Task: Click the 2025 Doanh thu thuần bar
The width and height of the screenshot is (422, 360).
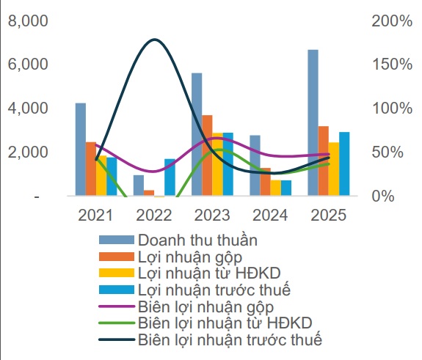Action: [x=313, y=122]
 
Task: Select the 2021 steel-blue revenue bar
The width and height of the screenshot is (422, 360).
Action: [x=80, y=150]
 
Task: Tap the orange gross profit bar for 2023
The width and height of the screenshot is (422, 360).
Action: [x=208, y=155]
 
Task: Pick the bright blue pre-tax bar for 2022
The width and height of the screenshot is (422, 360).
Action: [x=170, y=177]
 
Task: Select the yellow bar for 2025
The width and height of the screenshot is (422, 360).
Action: [x=334, y=169]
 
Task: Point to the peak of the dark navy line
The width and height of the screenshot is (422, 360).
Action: [x=153, y=40]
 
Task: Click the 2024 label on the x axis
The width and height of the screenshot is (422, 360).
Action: [x=271, y=216]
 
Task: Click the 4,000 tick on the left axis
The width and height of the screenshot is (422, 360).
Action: [x=26, y=109]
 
